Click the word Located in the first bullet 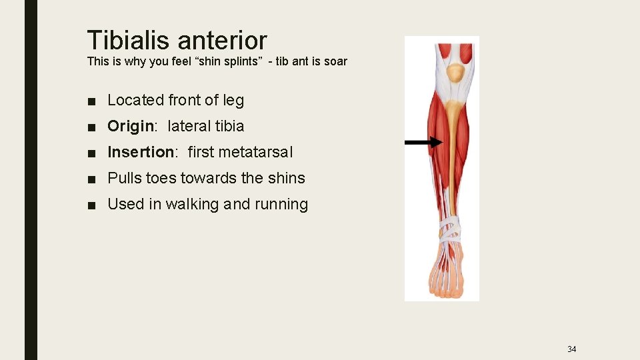click(x=135, y=100)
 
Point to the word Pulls click(x=122, y=178)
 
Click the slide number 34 click(x=571, y=349)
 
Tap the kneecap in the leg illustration click(x=455, y=72)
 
